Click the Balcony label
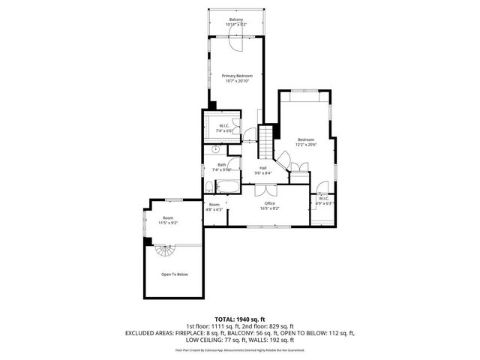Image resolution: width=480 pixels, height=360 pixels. point(236,20)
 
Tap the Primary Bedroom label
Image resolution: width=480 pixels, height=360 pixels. point(236,76)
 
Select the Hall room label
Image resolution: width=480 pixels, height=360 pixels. point(262,168)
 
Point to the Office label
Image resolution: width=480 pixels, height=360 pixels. point(269,203)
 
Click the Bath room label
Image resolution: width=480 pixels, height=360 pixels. point(221,165)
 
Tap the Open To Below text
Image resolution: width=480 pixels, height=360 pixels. point(174,274)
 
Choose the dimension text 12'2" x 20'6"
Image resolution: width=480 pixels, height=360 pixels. point(306,145)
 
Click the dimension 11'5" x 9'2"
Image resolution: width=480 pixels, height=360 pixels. point(167,223)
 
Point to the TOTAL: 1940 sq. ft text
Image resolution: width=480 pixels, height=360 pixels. point(239,319)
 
